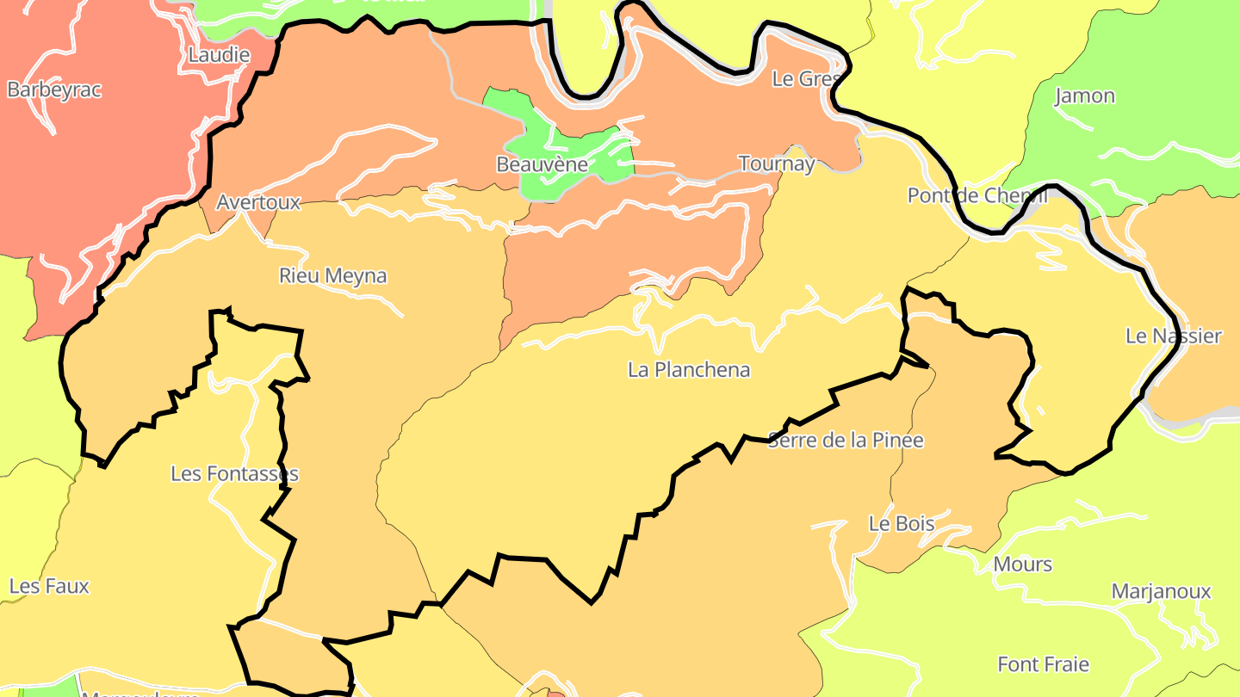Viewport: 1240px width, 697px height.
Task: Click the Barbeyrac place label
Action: click(x=54, y=89)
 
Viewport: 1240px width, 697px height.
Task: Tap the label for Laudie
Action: click(x=219, y=55)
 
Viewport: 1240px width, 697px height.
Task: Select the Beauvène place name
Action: click(x=542, y=163)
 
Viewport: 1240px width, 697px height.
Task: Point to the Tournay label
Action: click(x=776, y=163)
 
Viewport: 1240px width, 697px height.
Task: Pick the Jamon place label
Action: click(x=1084, y=96)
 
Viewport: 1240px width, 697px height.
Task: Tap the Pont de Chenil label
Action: click(x=976, y=195)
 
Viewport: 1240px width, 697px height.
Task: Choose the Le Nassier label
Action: click(x=1173, y=336)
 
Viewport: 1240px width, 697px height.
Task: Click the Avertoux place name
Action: click(x=258, y=202)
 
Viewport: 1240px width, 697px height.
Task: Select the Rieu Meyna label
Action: click(x=332, y=275)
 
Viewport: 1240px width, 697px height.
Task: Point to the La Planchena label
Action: click(x=689, y=369)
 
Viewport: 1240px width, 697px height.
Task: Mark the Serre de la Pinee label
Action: click(x=845, y=440)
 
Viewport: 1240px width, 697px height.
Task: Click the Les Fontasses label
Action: click(x=234, y=473)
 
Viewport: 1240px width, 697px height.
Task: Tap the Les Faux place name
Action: click(x=49, y=586)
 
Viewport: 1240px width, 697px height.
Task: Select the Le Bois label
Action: click(x=901, y=523)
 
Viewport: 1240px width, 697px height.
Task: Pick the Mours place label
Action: click(x=1022, y=564)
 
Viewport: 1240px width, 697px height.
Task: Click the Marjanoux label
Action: click(x=1161, y=591)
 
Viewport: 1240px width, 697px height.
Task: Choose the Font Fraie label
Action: click(x=1043, y=664)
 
